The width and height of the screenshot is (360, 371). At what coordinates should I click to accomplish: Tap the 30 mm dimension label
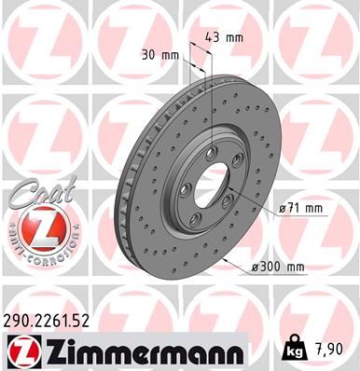pos(161,54)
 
